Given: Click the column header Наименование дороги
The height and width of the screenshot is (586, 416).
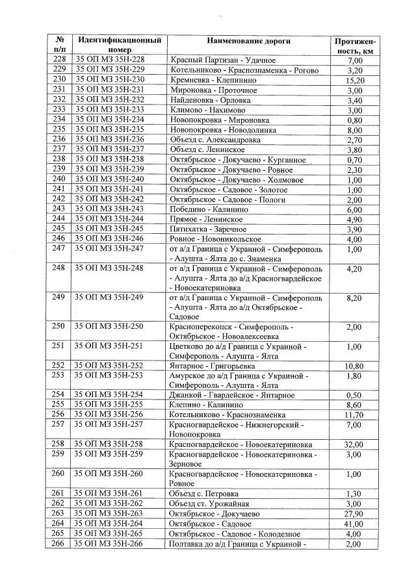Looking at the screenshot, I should (248, 41).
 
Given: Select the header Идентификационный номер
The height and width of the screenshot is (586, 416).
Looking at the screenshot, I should (120, 45).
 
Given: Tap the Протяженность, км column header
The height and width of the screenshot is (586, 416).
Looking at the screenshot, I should (354, 45).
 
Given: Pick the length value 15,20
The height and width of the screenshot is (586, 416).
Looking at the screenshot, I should (354, 80).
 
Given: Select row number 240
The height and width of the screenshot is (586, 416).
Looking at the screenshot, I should (58, 179).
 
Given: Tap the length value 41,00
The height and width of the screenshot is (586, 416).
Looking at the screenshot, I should (354, 524).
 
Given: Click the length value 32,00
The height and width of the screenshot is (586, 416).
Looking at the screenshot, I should (354, 444).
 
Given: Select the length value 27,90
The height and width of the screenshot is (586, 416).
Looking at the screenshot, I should (354, 514).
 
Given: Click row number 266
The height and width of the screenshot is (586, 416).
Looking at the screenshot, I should (58, 544).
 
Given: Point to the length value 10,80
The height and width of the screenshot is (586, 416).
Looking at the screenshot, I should (354, 365).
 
